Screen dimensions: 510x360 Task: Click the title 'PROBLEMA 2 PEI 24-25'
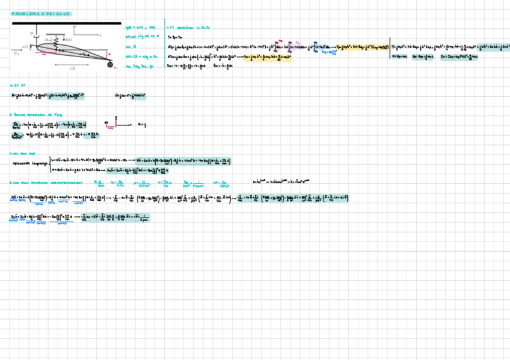[41, 14]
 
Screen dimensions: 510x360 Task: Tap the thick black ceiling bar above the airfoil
[66, 23]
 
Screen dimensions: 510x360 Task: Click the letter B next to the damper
[31, 34]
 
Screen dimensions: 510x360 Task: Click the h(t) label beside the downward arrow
[69, 40]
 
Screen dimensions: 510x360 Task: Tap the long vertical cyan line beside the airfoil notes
[164, 45]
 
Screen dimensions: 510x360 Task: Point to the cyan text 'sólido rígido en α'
[140, 37]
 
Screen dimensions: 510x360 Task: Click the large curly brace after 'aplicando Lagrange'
[51, 165]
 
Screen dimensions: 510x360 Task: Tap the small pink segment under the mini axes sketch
[111, 128]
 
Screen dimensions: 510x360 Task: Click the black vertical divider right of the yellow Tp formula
[389, 47]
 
